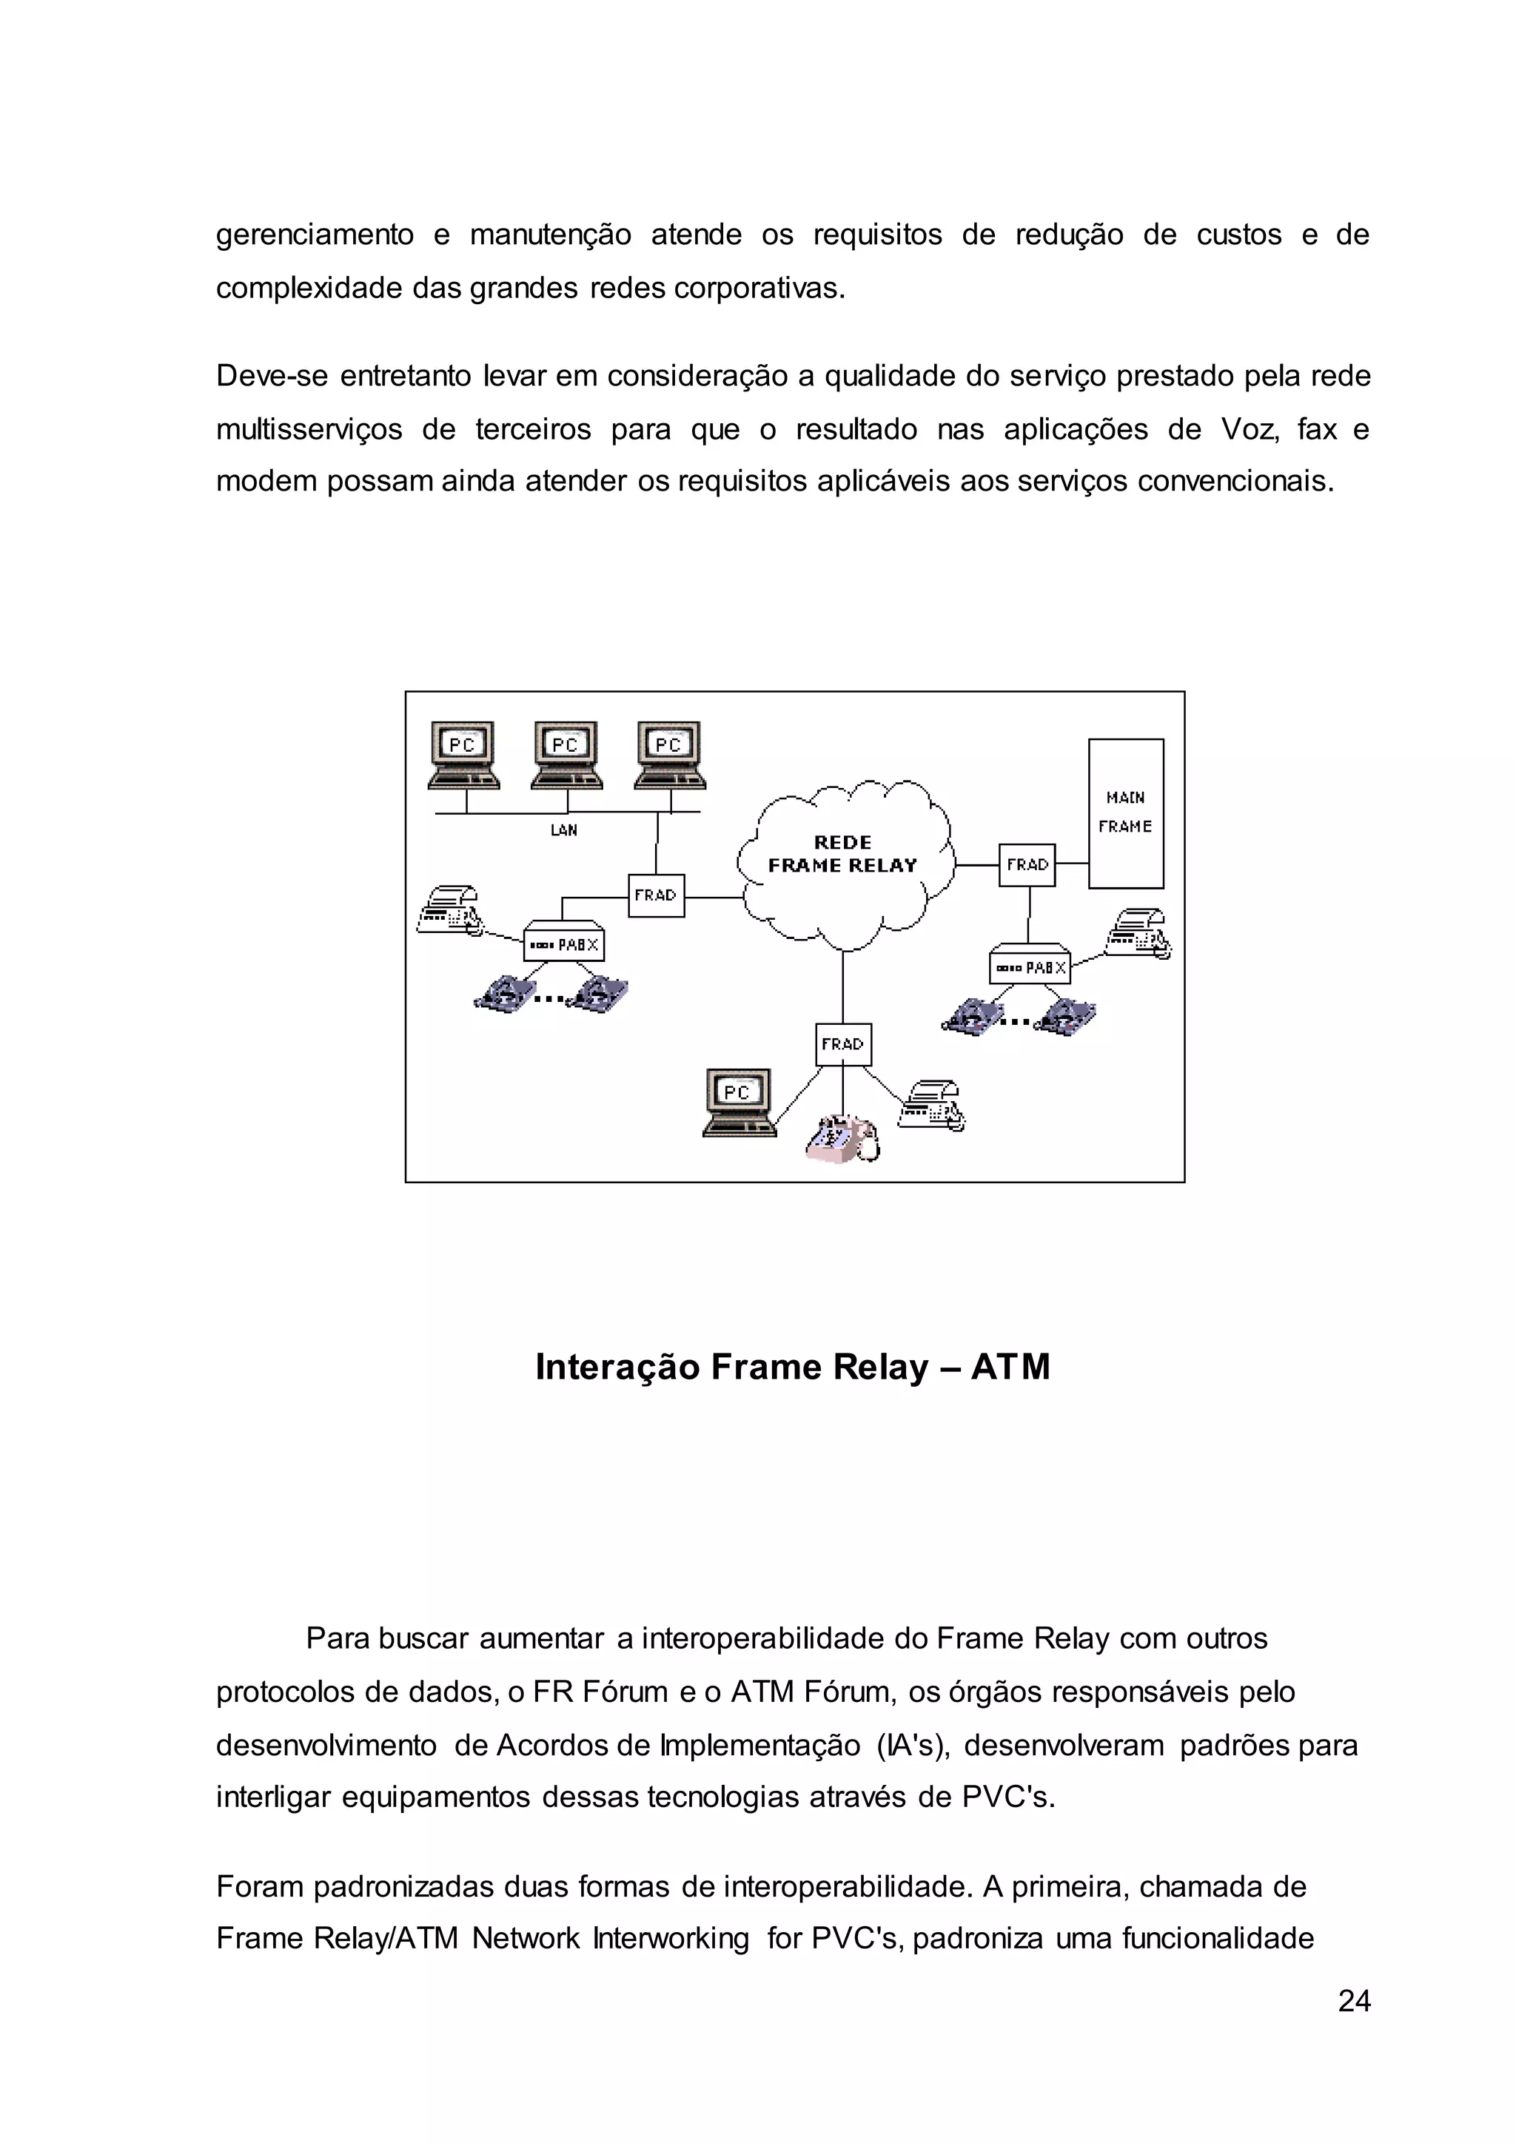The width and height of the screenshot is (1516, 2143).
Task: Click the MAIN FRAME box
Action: [1125, 813]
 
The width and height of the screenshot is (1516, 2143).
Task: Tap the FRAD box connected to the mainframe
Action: [1027, 865]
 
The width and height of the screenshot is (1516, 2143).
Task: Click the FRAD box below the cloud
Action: [843, 1044]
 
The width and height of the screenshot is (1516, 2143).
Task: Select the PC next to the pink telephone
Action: [739, 1101]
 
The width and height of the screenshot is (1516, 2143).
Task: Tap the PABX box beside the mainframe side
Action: [1030, 968]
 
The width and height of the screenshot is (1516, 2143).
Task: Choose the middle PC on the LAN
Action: [566, 754]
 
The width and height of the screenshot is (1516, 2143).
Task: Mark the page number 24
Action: [1354, 2001]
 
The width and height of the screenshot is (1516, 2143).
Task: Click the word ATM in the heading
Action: [1011, 1367]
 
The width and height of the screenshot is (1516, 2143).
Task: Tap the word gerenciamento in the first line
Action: [315, 235]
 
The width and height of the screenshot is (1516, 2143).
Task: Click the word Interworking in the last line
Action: [670, 1939]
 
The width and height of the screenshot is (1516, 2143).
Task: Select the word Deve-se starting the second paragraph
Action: [268, 376]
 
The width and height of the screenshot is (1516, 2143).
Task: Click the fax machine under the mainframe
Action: [1137, 932]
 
